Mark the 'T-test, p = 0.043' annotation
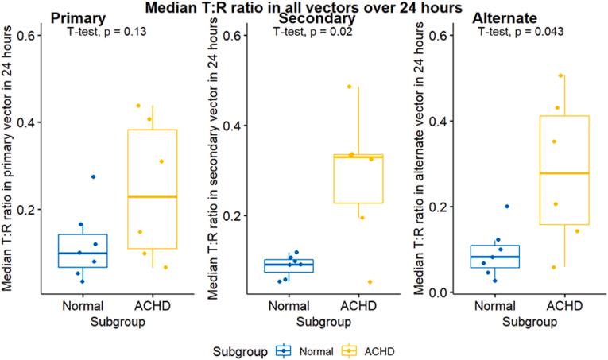pyautogui.click(x=521, y=32)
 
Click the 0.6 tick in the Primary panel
pyautogui.click(x=28, y=36)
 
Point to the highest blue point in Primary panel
pyautogui.click(x=93, y=176)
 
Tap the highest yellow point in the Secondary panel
pyautogui.click(x=349, y=87)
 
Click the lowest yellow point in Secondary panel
pyautogui.click(x=347, y=282)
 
